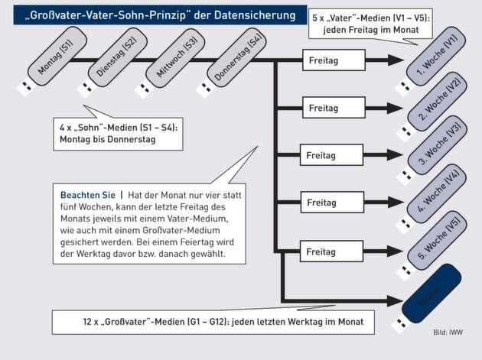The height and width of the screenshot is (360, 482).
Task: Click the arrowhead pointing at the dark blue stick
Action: pyautogui.click(x=399, y=300)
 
